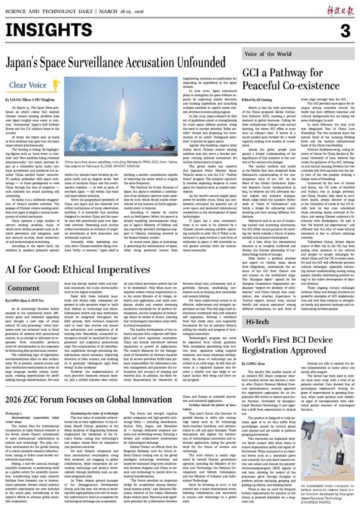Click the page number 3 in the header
(345, 31)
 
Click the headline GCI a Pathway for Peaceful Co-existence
(291, 79)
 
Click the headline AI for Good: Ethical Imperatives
(78, 270)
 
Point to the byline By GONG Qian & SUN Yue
(24, 300)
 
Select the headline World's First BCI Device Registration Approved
(287, 345)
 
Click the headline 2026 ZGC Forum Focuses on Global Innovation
(89, 400)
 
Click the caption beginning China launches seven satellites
(121, 164)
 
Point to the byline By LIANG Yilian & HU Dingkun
(30, 99)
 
